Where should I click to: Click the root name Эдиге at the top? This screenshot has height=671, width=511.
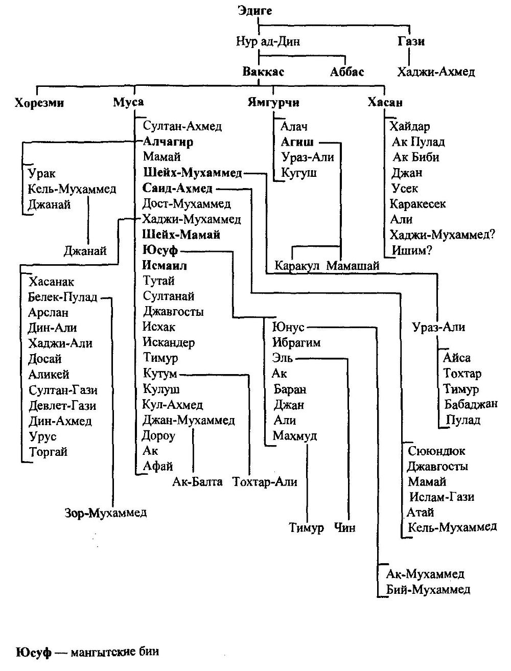pyautogui.click(x=255, y=11)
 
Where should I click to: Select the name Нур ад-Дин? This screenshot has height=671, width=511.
pyautogui.click(x=268, y=41)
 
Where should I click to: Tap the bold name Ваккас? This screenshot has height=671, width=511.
pyautogui.click(x=263, y=72)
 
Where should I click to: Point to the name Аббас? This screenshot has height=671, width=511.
pyautogui.click(x=347, y=72)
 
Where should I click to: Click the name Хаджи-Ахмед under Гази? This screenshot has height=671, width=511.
pyautogui.click(x=436, y=72)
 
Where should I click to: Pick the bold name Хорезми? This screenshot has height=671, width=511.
pyautogui.click(x=39, y=103)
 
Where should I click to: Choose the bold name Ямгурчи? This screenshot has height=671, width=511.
pyautogui.click(x=273, y=103)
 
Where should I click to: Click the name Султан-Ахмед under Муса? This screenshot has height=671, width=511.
pyautogui.click(x=182, y=126)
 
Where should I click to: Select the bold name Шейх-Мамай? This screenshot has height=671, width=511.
pyautogui.click(x=181, y=235)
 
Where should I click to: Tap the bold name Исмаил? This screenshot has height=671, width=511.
pyautogui.click(x=165, y=266)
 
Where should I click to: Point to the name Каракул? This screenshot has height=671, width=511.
pyautogui.click(x=297, y=266)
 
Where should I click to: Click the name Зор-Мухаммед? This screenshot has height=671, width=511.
pyautogui.click(x=106, y=513)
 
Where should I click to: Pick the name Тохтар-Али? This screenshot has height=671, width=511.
pyautogui.click(x=265, y=481)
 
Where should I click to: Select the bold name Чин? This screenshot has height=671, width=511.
pyautogui.click(x=344, y=527)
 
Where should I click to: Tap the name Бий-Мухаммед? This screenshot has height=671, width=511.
pyautogui.click(x=428, y=589)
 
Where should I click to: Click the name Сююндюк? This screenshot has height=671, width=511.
pyautogui.click(x=436, y=451)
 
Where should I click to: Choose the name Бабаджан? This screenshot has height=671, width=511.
pyautogui.click(x=470, y=404)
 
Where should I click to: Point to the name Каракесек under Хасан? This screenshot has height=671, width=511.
pyautogui.click(x=417, y=204)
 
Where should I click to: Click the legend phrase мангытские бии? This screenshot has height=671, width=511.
pyautogui.click(x=115, y=652)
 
